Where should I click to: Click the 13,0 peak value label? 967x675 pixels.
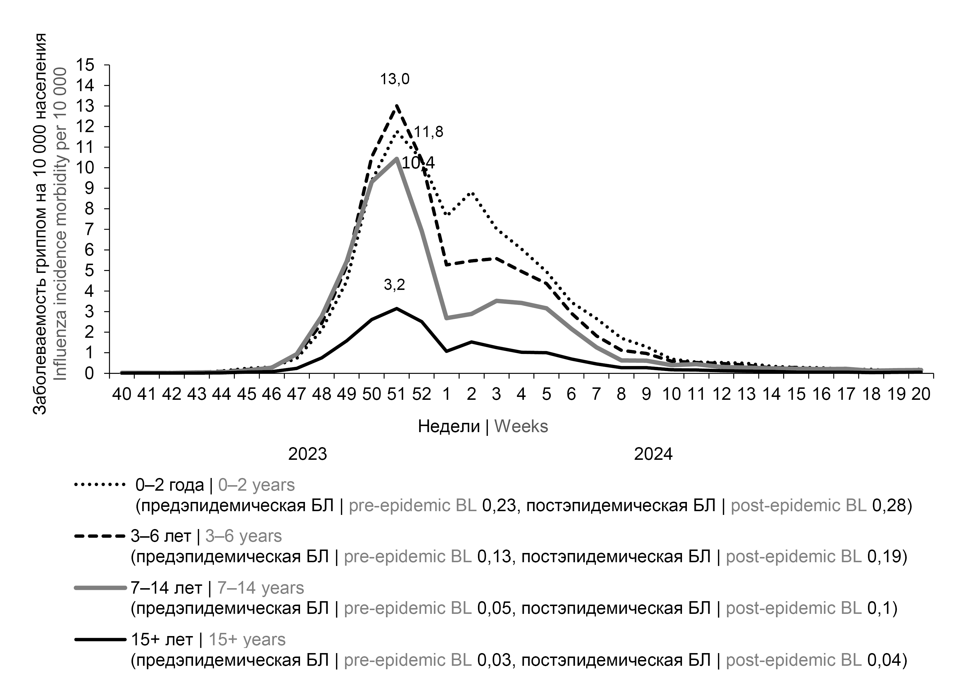tap(395, 79)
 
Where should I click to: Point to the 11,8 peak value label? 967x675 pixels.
tap(429, 132)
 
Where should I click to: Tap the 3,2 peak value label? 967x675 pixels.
tap(394, 285)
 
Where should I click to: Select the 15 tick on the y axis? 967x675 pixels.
tap(85, 65)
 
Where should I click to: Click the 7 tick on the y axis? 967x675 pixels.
tap(89, 230)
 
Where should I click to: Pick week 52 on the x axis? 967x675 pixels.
tap(421, 394)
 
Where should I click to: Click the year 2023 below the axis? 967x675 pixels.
tap(308, 454)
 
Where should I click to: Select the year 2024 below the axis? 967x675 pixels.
tap(653, 454)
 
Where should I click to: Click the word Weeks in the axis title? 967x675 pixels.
tap(521, 427)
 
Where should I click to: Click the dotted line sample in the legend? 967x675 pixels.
tap(100, 485)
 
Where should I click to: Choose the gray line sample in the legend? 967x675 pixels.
tap(100, 588)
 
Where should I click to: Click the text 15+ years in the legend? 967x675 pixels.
tap(247, 640)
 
